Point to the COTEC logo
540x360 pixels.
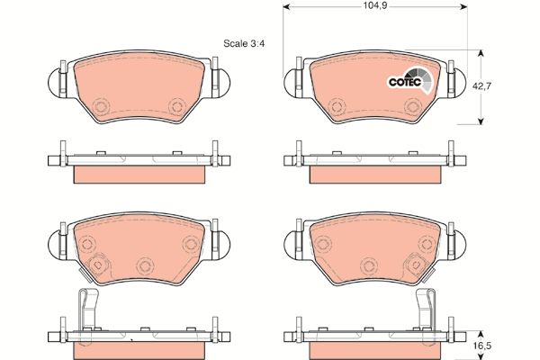click(409, 82)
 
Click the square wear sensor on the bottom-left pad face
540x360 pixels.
click(97, 267)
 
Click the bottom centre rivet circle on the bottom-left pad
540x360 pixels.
click(144, 265)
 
